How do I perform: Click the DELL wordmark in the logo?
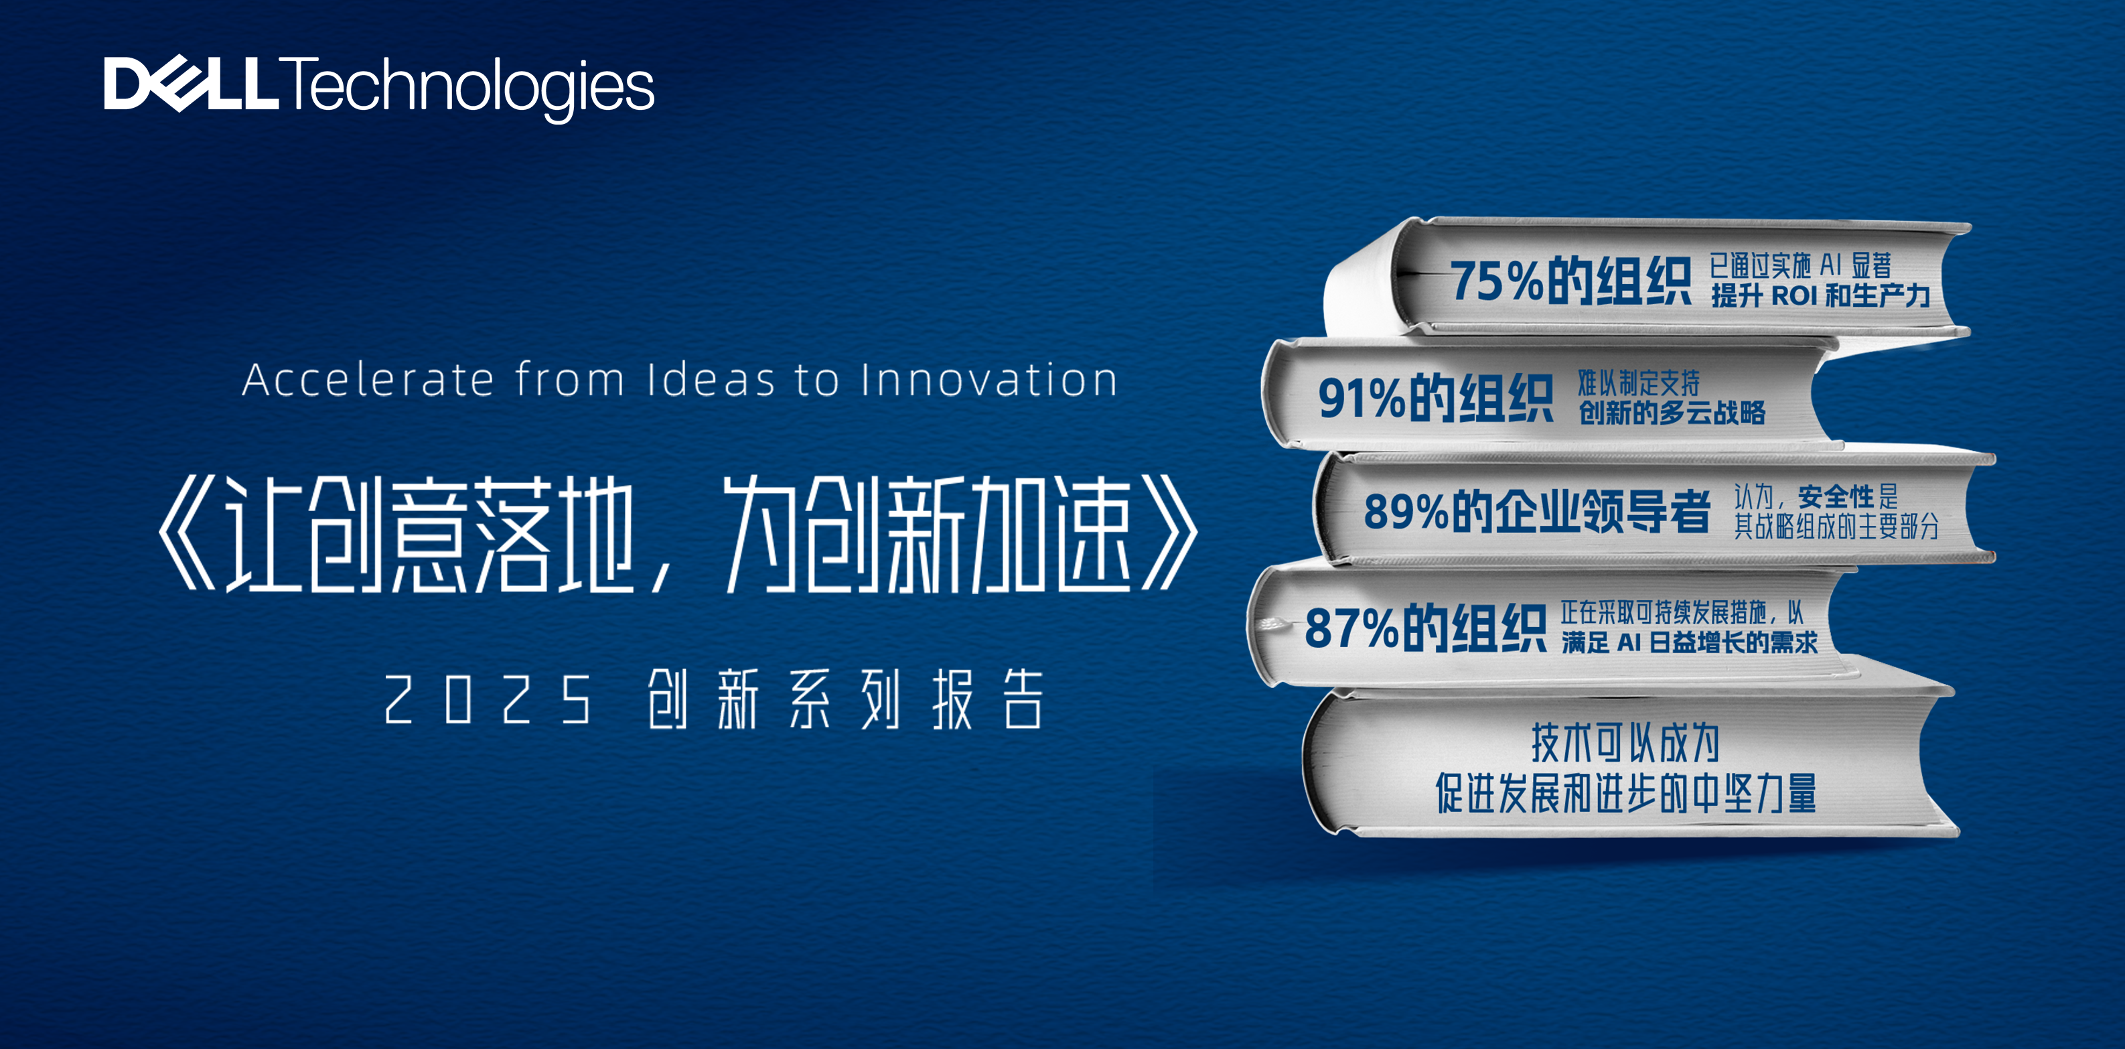coord(192,84)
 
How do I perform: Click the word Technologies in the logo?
coord(467,89)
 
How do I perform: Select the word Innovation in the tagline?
coord(988,380)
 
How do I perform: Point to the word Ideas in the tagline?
coord(711,380)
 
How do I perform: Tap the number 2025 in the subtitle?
coord(488,699)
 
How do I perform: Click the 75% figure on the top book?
coord(1495,281)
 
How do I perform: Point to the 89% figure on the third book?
coord(1406,511)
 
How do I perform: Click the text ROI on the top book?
coord(1794,295)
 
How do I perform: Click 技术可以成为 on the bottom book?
coord(1625,743)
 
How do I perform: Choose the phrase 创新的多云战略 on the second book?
coord(1672,412)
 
